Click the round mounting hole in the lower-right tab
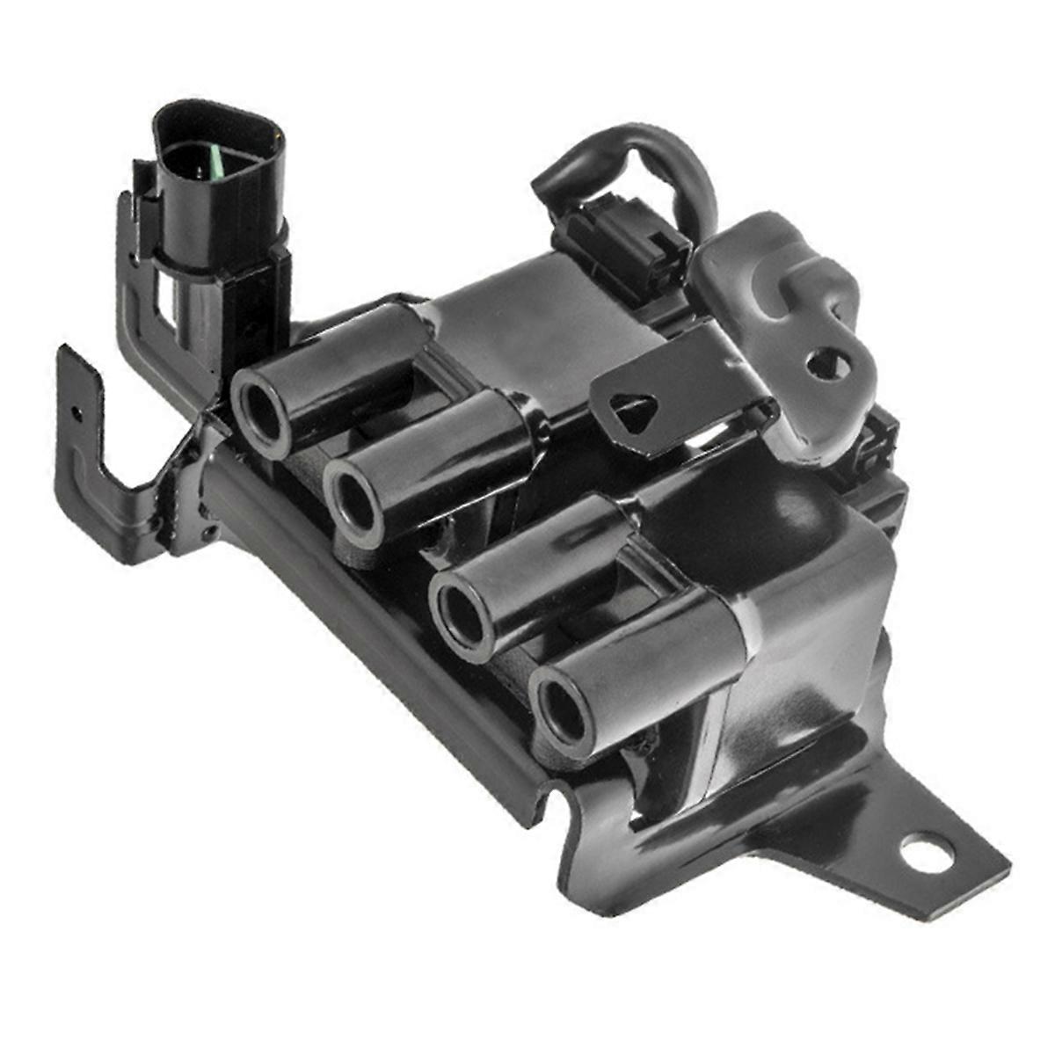coord(927,852)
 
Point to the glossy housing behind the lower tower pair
coord(791,563)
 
